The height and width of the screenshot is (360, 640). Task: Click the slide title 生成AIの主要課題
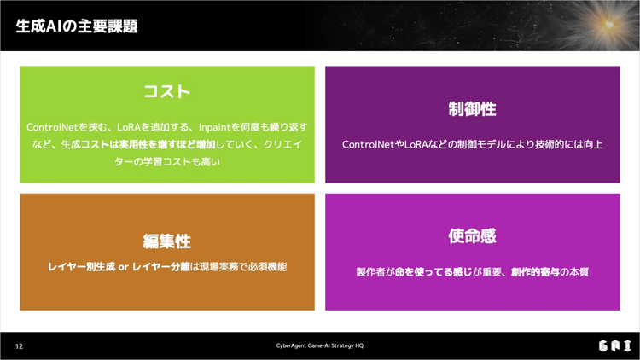(77, 26)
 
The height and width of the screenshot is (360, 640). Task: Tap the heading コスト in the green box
(167, 91)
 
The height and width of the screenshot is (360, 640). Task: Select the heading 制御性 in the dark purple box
(472, 109)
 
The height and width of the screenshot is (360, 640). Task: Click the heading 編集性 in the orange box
(167, 241)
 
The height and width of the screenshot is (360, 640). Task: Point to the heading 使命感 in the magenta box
(472, 236)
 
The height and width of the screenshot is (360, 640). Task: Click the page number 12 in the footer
(19, 346)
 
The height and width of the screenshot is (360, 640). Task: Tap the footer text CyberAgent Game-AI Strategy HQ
(320, 345)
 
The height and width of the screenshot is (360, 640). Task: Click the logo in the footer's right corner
(615, 346)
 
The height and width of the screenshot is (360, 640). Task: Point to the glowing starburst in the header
(609, 25)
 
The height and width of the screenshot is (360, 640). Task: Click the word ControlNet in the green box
(52, 127)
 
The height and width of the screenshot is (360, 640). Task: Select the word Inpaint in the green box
(215, 127)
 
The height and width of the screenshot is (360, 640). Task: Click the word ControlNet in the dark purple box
(368, 144)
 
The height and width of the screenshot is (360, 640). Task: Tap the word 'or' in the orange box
(124, 267)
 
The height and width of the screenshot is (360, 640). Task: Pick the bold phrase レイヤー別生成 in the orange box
(82, 267)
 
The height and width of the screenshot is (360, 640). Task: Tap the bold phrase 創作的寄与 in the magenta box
(535, 272)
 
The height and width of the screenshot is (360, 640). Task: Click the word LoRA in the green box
(129, 127)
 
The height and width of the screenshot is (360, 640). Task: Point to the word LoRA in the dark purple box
(416, 144)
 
